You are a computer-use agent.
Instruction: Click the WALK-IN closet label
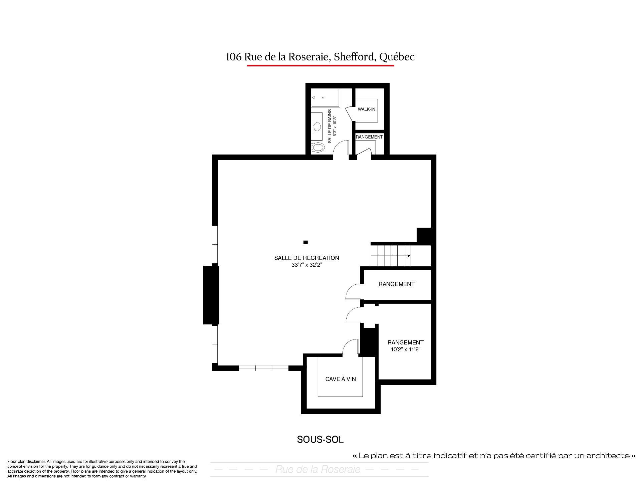pos(366,109)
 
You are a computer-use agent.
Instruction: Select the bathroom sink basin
pos(316,127)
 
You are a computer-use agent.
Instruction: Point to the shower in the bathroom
pos(326,98)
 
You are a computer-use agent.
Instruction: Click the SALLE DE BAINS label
pos(330,126)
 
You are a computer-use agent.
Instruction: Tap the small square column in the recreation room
pos(305,242)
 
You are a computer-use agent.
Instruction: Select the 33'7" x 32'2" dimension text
pos(306,265)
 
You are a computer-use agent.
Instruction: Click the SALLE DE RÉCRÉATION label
pos(306,258)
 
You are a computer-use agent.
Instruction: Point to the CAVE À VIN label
pos(341,379)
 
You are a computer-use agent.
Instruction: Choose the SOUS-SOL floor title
pos(320,440)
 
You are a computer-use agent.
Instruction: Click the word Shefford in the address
pos(354,57)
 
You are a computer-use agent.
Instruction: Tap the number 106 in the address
pos(233,57)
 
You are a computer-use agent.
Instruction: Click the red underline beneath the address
pos(320,65)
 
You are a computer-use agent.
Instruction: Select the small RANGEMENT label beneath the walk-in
pos(369,137)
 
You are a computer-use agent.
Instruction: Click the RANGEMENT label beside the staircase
pos(396,284)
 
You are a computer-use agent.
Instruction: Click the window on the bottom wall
pos(264,368)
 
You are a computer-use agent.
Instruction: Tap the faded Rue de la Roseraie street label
pos(318,470)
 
